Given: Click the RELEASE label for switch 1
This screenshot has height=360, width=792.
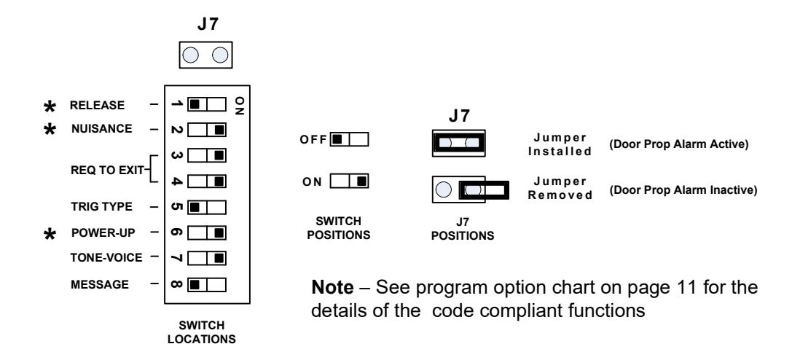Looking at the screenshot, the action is (97, 106).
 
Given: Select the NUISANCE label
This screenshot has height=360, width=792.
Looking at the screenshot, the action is (101, 129).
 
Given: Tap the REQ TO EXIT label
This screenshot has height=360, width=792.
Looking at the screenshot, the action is (107, 170).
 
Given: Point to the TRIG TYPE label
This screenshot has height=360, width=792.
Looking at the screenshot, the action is (101, 206).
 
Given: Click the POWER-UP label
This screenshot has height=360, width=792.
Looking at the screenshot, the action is (103, 232).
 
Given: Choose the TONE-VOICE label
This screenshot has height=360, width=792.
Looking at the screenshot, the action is (106, 258).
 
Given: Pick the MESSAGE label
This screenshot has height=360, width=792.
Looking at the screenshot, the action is (100, 284).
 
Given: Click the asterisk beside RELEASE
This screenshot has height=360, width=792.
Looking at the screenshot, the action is (50, 106).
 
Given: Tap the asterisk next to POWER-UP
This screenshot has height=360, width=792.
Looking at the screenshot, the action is (50, 234).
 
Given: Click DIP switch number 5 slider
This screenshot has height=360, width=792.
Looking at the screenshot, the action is (207, 207).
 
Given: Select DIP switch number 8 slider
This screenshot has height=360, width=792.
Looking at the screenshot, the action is (207, 285).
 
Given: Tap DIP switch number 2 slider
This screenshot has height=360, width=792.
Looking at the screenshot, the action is (207, 130).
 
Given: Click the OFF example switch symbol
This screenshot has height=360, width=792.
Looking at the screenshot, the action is (349, 139).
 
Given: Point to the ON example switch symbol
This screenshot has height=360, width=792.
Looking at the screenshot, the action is (349, 181).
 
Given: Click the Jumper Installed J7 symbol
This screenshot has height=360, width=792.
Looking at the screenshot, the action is (458, 143).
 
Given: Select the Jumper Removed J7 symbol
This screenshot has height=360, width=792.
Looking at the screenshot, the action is (470, 189).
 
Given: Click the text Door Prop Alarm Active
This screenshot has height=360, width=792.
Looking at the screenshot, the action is (678, 144).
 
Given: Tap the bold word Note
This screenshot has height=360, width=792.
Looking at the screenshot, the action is (332, 287).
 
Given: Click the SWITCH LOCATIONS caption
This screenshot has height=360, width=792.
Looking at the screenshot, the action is (202, 332).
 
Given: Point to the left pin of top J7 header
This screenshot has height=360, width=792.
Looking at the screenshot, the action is (190, 55).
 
